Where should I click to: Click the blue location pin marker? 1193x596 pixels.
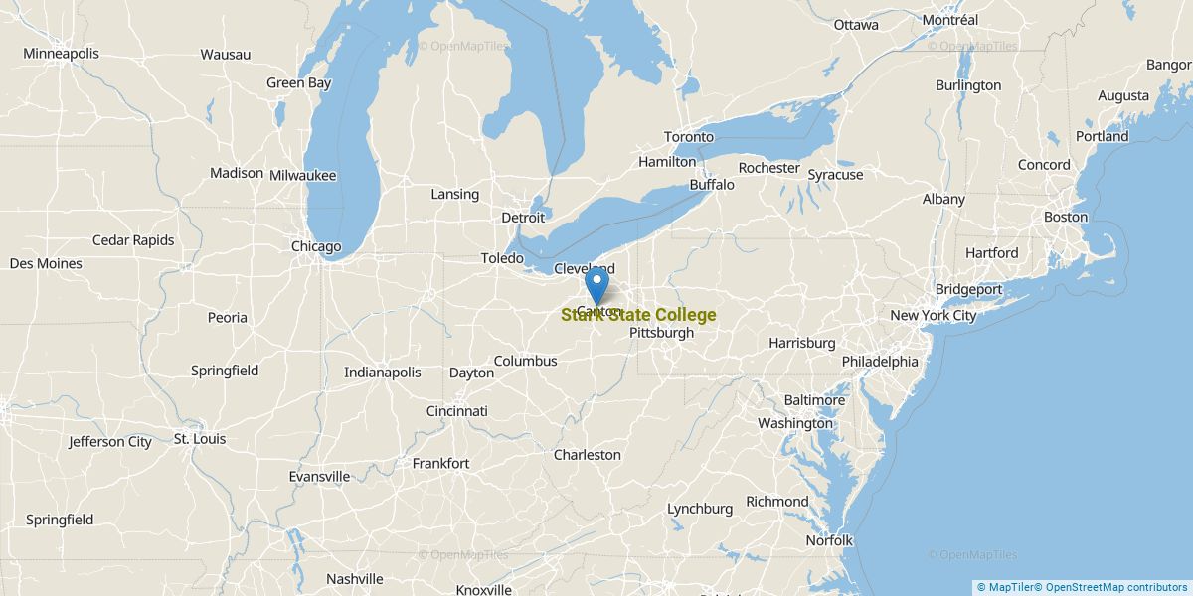tap(596, 286)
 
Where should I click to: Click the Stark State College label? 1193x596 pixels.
tap(638, 315)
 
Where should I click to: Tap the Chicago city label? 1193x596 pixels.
tap(316, 246)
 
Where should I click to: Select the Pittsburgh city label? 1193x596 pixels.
tap(661, 333)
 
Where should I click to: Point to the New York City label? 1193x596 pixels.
tap(933, 315)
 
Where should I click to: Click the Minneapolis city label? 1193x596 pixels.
tap(61, 53)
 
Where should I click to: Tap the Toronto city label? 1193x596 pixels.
tap(689, 136)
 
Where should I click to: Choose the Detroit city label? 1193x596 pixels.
tap(523, 217)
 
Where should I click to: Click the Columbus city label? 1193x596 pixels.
tap(525, 361)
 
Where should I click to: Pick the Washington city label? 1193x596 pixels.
tap(795, 423)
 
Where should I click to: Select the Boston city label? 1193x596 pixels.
tap(1065, 217)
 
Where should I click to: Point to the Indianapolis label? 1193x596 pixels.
tap(382, 372)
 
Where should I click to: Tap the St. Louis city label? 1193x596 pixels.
tap(200, 438)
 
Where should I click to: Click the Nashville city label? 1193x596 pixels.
tap(354, 579)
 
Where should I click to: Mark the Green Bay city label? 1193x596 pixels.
tap(298, 83)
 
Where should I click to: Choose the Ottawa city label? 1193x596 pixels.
tap(856, 24)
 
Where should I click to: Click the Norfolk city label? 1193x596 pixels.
tap(829, 540)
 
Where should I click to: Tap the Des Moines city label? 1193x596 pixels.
tap(46, 263)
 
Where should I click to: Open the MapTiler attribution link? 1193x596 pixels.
tap(1007, 588)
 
